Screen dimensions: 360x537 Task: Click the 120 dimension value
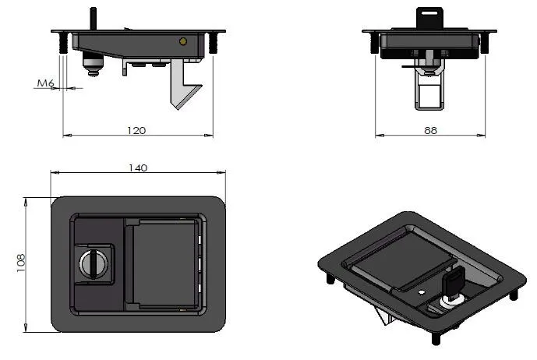pyautogui.click(x=136, y=130)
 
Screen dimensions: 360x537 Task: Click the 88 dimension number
pyautogui.click(x=429, y=130)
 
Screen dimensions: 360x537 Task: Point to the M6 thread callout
pyautogui.click(x=44, y=83)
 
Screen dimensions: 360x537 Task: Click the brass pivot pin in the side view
pyautogui.click(x=182, y=41)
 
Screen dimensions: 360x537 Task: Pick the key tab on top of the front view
pyautogui.click(x=429, y=17)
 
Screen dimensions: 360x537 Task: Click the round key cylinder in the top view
pyautogui.click(x=92, y=265)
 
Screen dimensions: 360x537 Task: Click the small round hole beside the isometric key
pyautogui.click(x=421, y=292)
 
